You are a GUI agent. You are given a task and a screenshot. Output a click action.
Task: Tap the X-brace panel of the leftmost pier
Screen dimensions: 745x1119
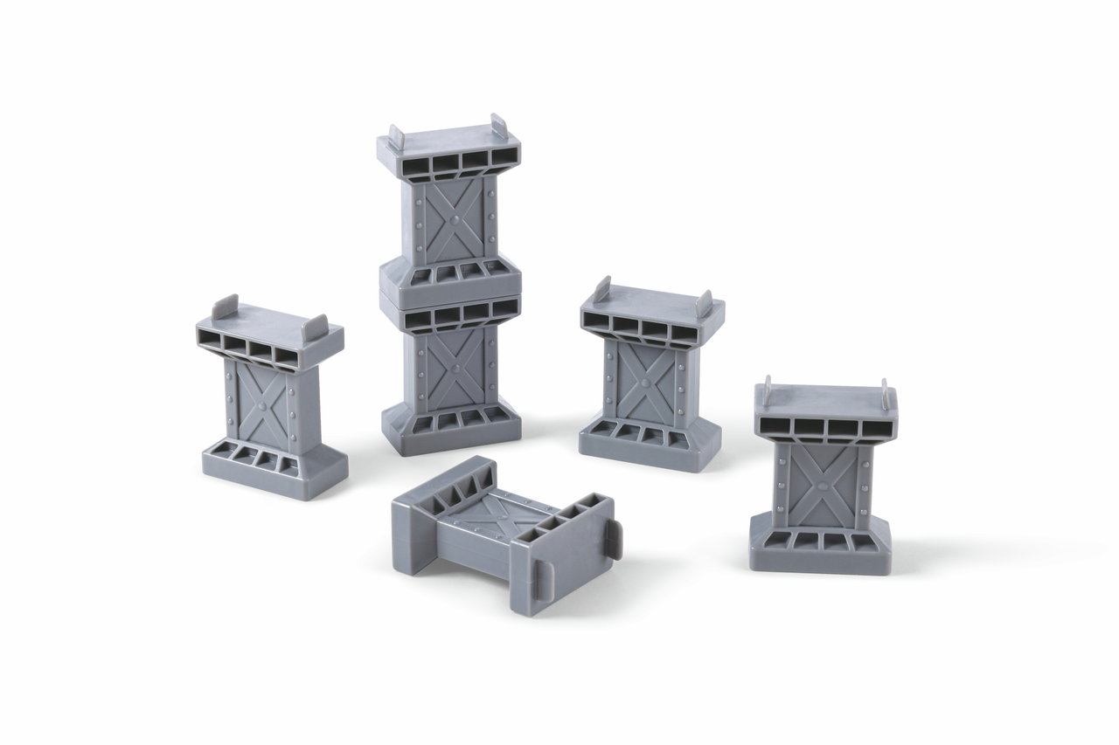click(262, 404)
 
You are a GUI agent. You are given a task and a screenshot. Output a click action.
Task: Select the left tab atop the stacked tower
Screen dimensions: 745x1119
click(396, 137)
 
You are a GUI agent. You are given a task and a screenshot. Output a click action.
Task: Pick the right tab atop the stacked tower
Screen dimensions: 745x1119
click(498, 125)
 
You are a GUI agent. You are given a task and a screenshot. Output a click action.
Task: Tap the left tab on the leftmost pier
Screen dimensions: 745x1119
click(226, 305)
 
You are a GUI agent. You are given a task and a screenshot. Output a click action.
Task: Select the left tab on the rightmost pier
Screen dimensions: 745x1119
click(767, 390)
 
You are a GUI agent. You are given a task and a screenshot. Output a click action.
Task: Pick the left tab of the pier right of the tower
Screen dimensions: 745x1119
click(601, 288)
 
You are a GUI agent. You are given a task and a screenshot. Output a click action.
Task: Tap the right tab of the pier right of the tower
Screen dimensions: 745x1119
click(704, 302)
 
